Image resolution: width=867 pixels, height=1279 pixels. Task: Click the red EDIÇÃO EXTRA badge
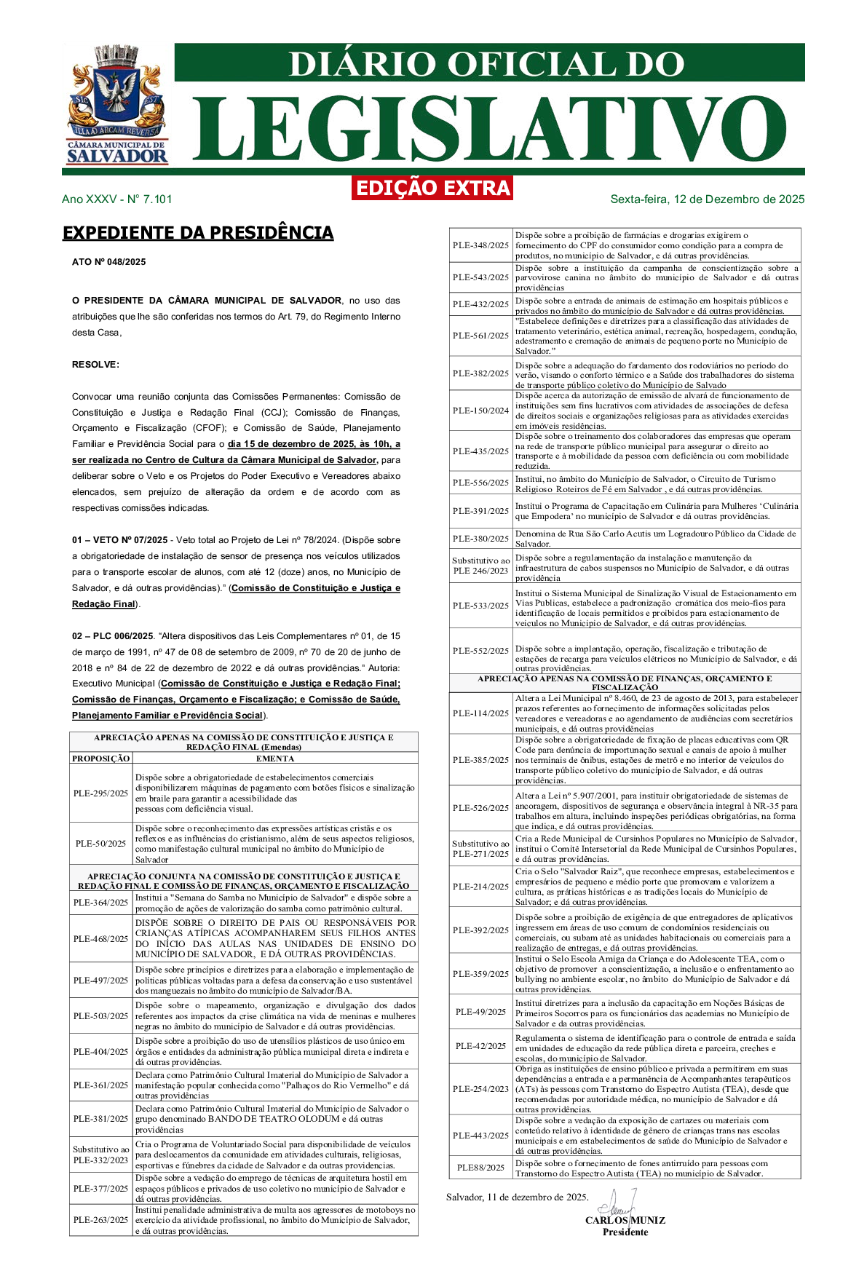(433, 188)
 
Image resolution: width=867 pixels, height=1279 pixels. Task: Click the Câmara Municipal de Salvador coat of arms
(117, 104)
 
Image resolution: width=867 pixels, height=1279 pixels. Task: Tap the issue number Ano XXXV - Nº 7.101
(116, 199)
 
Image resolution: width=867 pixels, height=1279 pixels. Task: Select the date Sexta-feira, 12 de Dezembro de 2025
(707, 199)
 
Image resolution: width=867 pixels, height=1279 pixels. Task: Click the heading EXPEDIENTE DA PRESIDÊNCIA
(198, 233)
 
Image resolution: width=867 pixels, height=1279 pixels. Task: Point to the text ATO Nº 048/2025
(108, 262)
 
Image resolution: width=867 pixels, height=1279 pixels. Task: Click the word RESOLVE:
(95, 365)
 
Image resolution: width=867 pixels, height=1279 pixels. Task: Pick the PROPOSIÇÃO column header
(100, 759)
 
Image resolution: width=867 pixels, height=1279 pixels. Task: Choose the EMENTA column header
(274, 759)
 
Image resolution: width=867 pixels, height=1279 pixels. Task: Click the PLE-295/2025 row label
(100, 793)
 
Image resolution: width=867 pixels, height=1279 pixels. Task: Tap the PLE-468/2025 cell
(100, 939)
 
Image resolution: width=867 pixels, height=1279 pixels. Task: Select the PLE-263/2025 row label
(100, 1220)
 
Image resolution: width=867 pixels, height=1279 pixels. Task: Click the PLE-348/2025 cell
(480, 245)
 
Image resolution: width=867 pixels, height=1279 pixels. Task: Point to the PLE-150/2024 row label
(480, 411)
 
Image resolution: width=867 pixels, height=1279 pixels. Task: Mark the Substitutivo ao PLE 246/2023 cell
(480, 566)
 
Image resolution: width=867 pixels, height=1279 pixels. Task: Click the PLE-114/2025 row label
(480, 713)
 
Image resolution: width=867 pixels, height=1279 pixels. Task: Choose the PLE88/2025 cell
(480, 1168)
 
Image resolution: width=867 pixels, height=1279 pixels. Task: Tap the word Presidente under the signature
(625, 1232)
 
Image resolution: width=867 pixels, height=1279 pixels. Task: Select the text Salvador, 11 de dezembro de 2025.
(517, 1197)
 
